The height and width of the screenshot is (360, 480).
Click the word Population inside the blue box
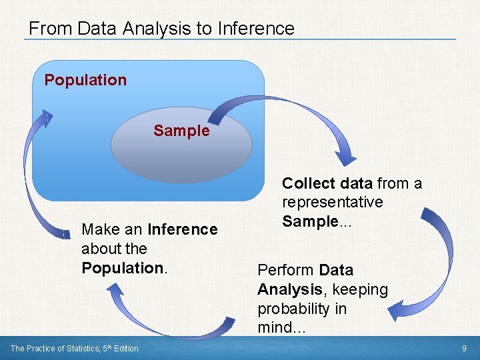click(x=85, y=80)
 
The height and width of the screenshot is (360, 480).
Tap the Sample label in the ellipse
click(x=181, y=131)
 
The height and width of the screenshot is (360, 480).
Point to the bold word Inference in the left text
click(x=183, y=229)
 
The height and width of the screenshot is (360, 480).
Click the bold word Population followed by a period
click(x=122, y=268)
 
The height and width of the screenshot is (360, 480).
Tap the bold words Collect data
click(x=327, y=183)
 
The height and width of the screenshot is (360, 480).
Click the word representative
click(x=333, y=202)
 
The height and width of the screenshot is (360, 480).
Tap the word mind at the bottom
click(x=273, y=327)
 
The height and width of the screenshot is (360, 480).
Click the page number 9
click(x=464, y=348)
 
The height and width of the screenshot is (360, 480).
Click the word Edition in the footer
click(x=126, y=348)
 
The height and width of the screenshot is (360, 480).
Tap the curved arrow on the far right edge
click(x=437, y=260)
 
